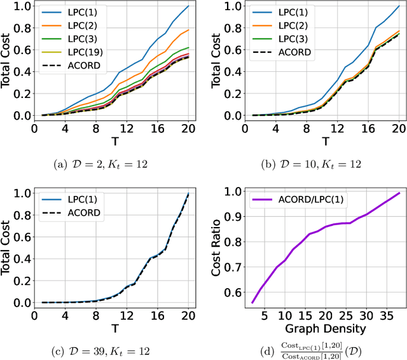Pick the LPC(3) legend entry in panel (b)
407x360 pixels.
click(280, 39)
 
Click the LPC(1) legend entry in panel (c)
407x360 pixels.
click(72, 198)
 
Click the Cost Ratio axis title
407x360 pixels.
click(216, 246)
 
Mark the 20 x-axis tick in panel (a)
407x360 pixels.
click(188, 128)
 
